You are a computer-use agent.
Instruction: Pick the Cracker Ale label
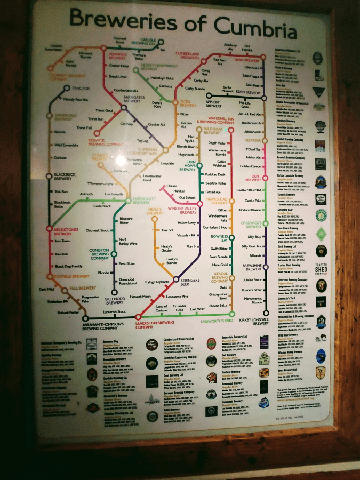click(x=156, y=124)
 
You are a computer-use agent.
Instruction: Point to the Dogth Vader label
click(x=217, y=143)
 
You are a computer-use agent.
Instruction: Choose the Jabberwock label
click(x=251, y=131)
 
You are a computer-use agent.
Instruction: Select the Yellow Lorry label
click(x=187, y=222)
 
